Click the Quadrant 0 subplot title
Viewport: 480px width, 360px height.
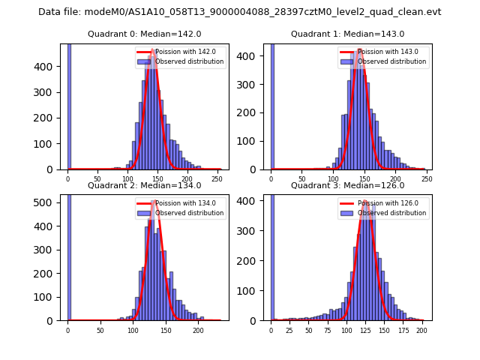pyautogui.click(x=144, y=34)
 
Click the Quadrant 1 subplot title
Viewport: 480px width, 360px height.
pyautogui.click(x=347, y=34)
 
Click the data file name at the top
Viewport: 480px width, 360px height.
pyautogui.click(x=240, y=12)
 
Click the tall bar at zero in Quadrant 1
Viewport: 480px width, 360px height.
pyautogui.click(x=271, y=105)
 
